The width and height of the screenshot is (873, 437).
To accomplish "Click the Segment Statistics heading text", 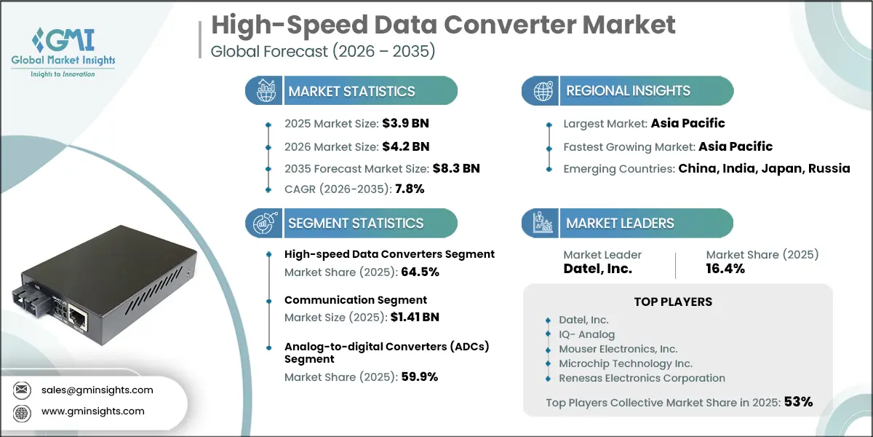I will coord(356,224).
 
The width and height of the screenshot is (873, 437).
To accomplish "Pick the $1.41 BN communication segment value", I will coord(415,317).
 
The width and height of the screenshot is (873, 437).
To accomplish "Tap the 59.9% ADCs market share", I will coord(420,377).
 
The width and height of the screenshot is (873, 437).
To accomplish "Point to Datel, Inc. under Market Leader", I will coord(599,269).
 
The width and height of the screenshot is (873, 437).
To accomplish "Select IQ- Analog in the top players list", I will coord(586,334).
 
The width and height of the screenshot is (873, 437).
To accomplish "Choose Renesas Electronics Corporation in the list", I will coord(642,378).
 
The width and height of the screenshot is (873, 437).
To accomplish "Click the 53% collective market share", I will coord(798,401).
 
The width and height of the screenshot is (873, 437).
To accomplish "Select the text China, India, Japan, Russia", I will coord(764,168).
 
